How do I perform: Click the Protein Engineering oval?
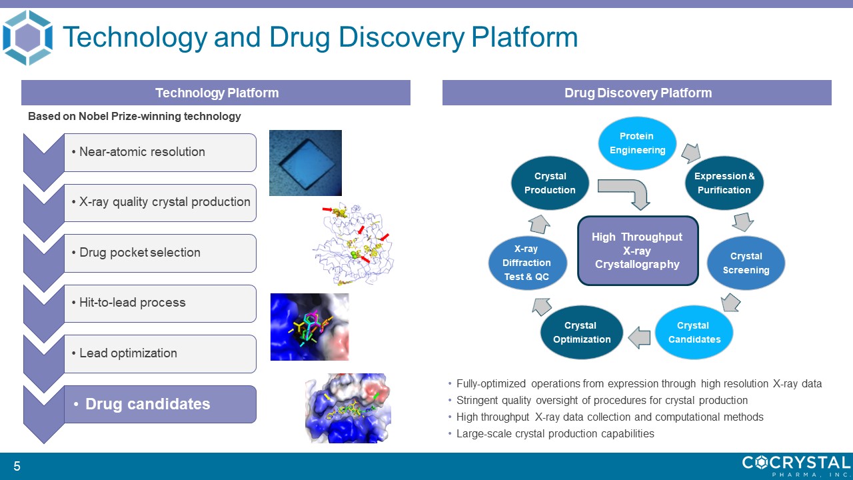click(637, 143)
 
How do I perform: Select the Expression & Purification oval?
click(724, 183)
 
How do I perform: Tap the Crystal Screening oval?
click(746, 263)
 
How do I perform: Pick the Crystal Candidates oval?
click(693, 332)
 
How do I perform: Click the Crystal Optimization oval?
click(580, 332)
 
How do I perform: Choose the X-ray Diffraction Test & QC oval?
click(527, 263)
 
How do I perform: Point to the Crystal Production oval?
click(550, 183)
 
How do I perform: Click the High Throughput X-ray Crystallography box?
click(637, 251)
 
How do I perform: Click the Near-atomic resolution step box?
click(160, 152)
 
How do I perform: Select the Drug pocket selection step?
click(160, 253)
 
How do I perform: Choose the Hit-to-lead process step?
click(160, 303)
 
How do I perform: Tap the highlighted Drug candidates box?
click(160, 404)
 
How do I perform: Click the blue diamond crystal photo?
click(305, 163)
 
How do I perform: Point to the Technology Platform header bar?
click(216, 93)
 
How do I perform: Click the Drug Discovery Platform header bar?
click(637, 93)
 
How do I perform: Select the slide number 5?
click(17, 467)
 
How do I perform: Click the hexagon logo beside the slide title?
click(27, 37)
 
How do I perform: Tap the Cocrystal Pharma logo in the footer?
click(796, 465)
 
